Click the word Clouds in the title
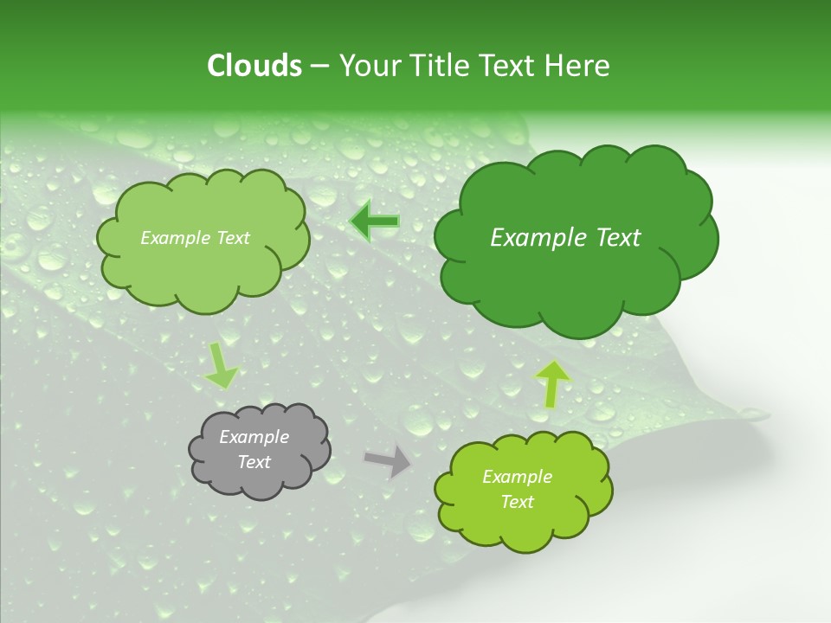point(254,66)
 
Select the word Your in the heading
point(369,66)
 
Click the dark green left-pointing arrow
point(374,222)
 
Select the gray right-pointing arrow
point(389,460)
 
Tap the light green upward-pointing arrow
point(552,382)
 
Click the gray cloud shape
point(260,450)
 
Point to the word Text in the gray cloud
point(254,462)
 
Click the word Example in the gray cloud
point(254,437)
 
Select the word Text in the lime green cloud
point(517,502)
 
